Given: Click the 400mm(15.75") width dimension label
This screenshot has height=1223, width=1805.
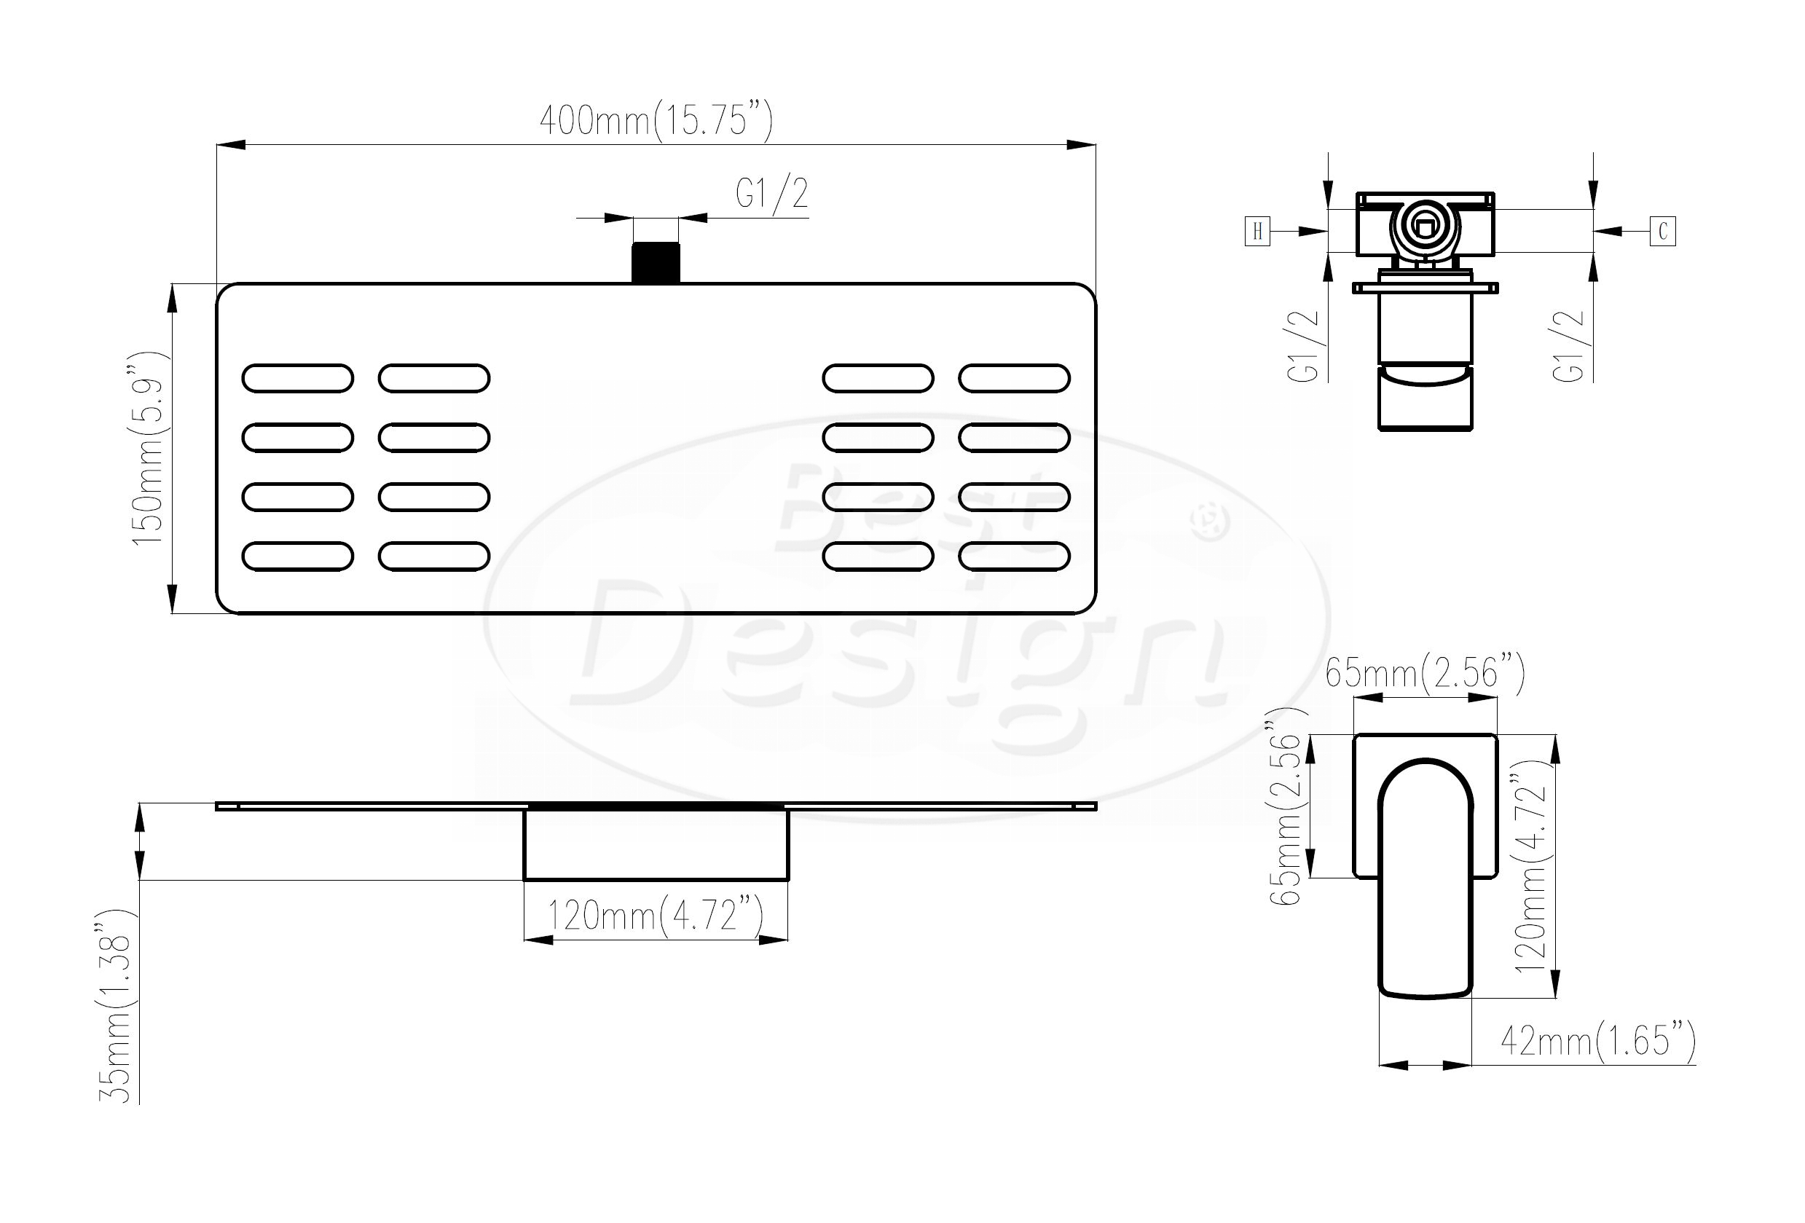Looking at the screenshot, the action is point(656,120).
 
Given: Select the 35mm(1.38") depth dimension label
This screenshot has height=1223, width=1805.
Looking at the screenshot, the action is point(117,1007).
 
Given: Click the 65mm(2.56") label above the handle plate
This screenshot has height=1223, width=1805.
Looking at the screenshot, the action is point(1425,672).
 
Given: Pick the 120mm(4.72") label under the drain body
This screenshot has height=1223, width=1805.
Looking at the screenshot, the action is point(656,916).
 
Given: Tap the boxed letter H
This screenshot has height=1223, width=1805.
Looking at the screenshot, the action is point(1257,232).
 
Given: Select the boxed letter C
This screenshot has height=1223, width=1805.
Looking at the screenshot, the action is point(1663,232).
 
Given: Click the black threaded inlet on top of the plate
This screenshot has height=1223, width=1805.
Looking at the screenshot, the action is point(656,263).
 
